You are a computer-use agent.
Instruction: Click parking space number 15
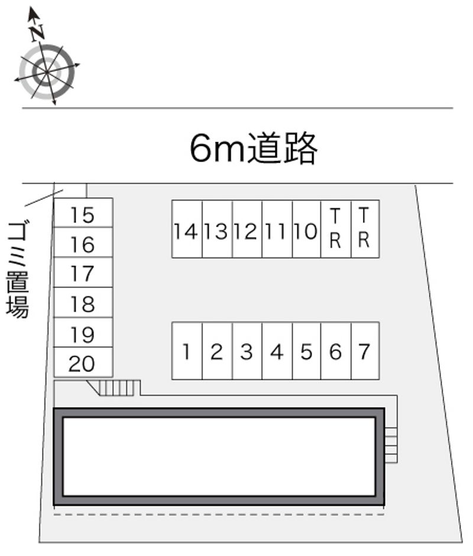click(x=83, y=212)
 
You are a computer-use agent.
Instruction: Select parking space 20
click(x=83, y=362)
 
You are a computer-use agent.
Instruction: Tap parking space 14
click(x=187, y=229)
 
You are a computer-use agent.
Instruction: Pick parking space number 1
click(x=187, y=351)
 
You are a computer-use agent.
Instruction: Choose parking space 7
click(x=365, y=351)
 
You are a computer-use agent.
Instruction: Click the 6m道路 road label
click(x=253, y=148)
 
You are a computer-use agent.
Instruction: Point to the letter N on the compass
click(x=37, y=33)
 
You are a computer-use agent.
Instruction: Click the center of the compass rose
click(x=47, y=72)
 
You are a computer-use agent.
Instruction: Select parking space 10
click(x=307, y=229)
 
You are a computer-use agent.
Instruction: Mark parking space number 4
click(x=277, y=351)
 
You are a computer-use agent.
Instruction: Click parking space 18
click(x=83, y=303)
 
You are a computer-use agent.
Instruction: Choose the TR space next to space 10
click(x=336, y=229)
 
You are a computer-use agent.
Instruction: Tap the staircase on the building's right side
click(x=391, y=445)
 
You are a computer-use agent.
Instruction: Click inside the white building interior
click(x=219, y=457)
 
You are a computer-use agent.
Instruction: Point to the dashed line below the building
click(x=219, y=514)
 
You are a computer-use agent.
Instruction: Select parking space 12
click(x=247, y=229)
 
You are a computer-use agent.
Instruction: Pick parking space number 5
click(x=307, y=351)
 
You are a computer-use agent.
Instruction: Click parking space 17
click(x=83, y=272)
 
